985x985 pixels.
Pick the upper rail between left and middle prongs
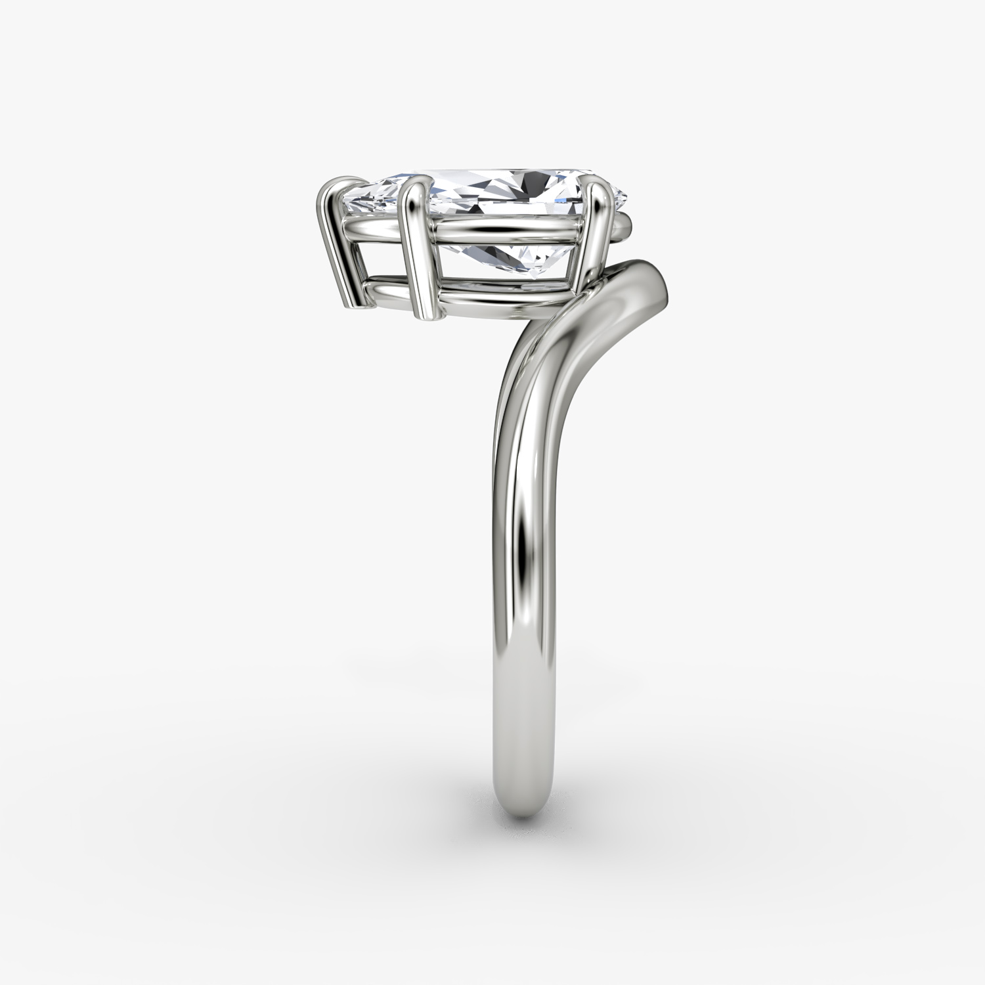point(374,227)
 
